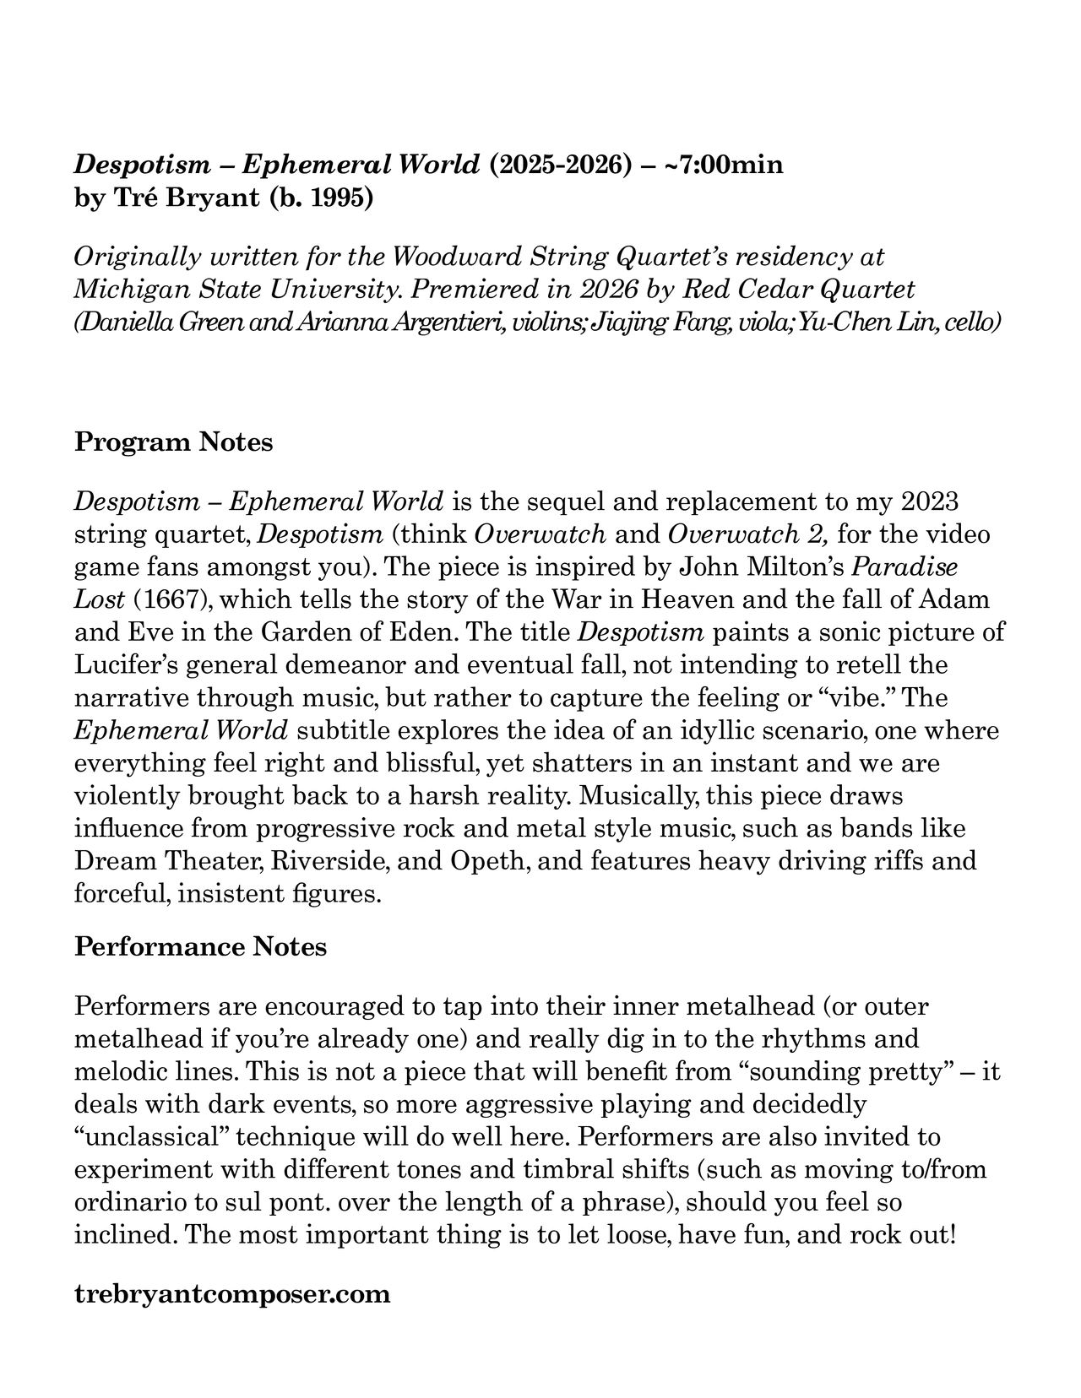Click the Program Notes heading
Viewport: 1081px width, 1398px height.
[x=173, y=442]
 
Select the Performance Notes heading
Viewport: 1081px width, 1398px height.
[x=200, y=946]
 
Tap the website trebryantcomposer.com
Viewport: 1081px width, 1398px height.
[x=232, y=1293]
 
